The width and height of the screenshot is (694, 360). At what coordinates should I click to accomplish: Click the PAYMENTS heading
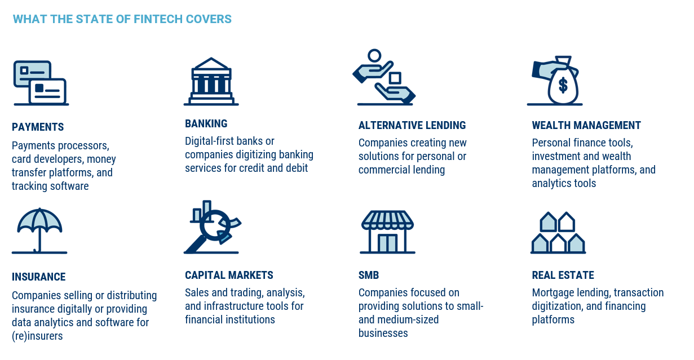tap(38, 127)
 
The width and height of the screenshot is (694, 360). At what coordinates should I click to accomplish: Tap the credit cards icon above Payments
tap(41, 83)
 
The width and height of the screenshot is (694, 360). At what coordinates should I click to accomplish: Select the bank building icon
tap(211, 82)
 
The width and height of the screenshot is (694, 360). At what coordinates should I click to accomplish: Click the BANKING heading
tap(206, 123)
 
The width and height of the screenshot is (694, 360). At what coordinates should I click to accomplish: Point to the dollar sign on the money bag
tap(563, 85)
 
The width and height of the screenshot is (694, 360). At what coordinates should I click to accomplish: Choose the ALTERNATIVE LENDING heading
tap(412, 125)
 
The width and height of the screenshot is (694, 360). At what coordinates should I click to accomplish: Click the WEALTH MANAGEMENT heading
tap(586, 125)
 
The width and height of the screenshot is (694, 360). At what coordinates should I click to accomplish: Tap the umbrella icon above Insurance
tap(39, 230)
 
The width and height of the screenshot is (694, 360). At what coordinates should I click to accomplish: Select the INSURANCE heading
tap(39, 277)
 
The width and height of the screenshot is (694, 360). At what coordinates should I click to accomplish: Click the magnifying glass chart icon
tap(212, 227)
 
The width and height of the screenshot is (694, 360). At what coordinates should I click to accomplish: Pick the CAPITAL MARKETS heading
tap(229, 275)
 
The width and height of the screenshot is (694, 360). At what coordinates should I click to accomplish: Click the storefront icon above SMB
tap(387, 232)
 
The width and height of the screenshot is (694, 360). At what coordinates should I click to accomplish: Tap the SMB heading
tap(369, 275)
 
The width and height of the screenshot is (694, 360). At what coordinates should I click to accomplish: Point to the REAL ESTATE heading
tap(563, 275)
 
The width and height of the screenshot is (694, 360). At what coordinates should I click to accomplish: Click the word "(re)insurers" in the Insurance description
tap(37, 336)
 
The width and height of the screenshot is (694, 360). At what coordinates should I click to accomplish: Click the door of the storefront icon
tap(387, 243)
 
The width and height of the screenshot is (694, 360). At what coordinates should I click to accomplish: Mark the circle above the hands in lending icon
tap(374, 56)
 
